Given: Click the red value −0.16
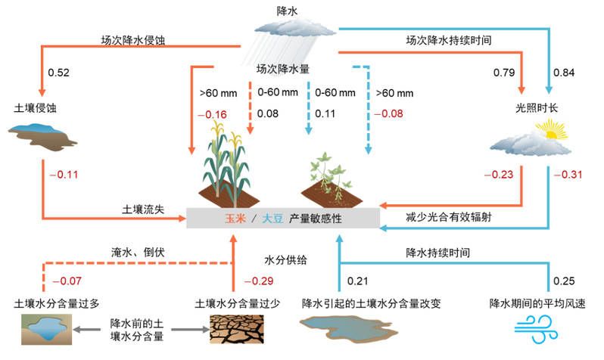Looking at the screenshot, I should pos(212,114).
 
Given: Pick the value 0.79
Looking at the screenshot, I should pos(504,73).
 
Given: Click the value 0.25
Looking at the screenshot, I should pos(564,281).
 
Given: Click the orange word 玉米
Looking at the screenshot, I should pos(234,219).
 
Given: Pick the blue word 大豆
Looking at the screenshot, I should pos(272,219).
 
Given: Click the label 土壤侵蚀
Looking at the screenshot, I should pos(31,107).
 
